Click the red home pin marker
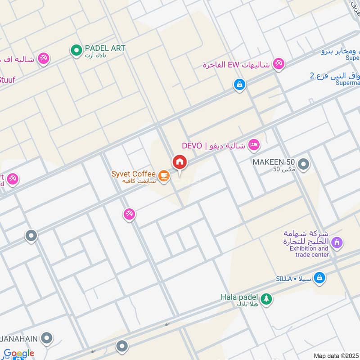tap(179, 162)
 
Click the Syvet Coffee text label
tap(135, 174)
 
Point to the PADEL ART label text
tap(105, 48)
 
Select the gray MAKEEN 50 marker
tap(304, 165)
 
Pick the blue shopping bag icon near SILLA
tap(319, 278)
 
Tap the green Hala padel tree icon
tap(266, 298)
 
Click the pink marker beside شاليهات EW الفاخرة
tap(279, 63)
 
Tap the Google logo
tap(19, 353)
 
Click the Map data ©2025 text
tap(335, 355)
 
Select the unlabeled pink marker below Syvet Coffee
tap(129, 214)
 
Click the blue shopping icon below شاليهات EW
tap(239, 84)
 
